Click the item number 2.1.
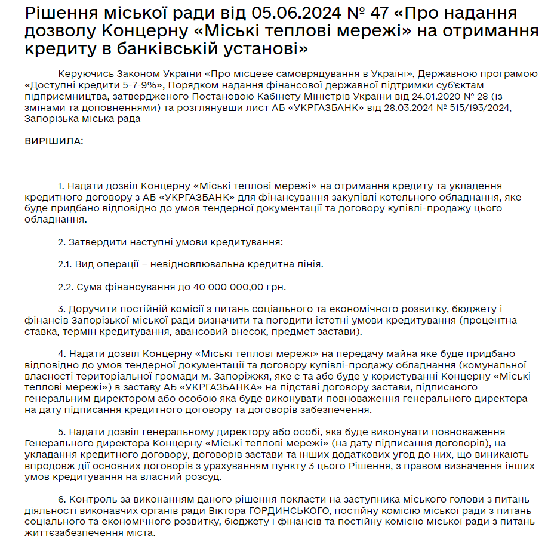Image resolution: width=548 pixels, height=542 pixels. [x=65, y=264]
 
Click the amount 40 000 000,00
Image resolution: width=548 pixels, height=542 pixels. [x=228, y=287]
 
